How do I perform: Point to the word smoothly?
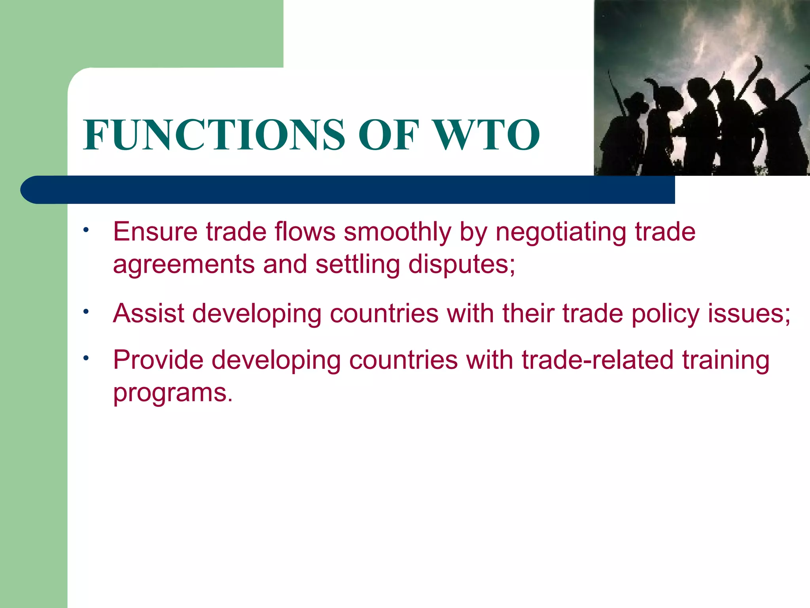(x=397, y=232)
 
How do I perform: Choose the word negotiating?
(x=560, y=232)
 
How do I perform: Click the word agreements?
(x=184, y=265)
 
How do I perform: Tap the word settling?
(x=358, y=265)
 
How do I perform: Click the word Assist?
(x=149, y=313)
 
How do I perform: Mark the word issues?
(x=746, y=313)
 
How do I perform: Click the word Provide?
(x=158, y=360)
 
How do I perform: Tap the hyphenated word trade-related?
(x=598, y=360)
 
